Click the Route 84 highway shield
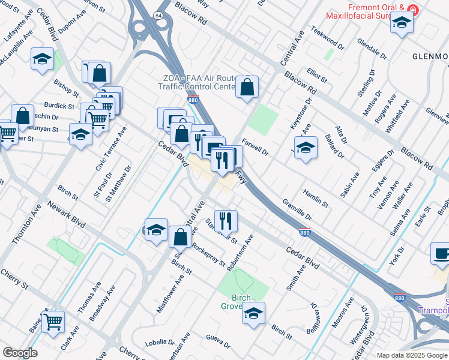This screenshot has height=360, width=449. click(158, 16)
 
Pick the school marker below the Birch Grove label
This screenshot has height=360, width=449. click(253, 313)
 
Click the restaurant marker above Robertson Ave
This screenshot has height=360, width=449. click(226, 220)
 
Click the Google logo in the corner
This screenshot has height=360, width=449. click(20, 353)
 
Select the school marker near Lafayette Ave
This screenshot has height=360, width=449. click(42, 59)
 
